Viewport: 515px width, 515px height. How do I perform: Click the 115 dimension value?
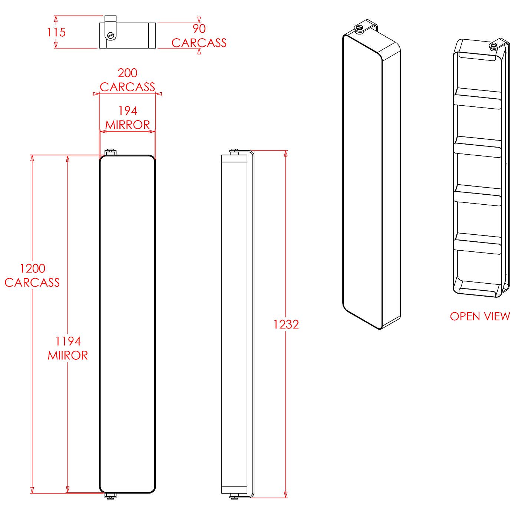tap(56, 32)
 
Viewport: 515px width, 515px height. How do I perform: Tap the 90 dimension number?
tap(199, 29)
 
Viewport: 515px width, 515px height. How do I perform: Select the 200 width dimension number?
tap(127, 73)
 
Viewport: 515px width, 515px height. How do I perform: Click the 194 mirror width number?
tap(128, 110)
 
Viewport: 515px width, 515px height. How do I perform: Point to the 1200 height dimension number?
tap(32, 268)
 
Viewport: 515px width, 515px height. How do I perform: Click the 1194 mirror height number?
tap(68, 341)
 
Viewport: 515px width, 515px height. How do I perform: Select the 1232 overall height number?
tap(286, 324)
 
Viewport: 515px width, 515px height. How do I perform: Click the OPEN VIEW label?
tap(480, 316)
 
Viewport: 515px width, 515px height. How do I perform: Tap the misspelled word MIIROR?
tap(68, 355)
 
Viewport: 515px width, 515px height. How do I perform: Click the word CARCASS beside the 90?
tap(199, 43)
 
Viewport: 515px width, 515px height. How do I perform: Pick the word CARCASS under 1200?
tap(32, 282)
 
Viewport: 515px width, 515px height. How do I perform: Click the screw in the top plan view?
tap(110, 35)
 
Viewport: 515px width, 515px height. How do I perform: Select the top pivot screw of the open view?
tap(493, 46)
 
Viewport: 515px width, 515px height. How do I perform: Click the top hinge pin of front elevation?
tap(110, 152)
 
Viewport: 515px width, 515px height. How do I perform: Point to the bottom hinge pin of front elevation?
tap(110, 496)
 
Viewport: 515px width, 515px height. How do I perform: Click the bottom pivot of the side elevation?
tap(234, 496)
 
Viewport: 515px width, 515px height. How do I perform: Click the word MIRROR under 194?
tap(128, 125)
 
